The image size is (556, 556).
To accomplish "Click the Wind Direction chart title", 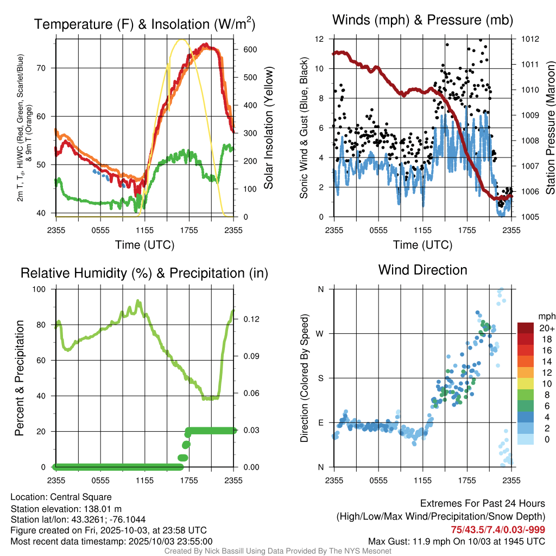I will point(422,270).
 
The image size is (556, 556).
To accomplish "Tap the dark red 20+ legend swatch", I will point(526,328).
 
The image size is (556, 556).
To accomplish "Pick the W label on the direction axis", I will point(321,333).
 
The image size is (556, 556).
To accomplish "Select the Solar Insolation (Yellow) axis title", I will point(269,128).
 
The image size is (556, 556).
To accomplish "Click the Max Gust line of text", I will point(457,541).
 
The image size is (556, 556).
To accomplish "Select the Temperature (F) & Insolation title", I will point(144,24).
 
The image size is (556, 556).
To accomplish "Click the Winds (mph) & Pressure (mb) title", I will point(422,20).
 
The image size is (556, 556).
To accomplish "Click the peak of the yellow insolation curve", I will point(182,40).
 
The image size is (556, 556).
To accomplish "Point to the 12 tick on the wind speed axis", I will point(320,39).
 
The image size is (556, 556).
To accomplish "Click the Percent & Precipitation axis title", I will point(20,378).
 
